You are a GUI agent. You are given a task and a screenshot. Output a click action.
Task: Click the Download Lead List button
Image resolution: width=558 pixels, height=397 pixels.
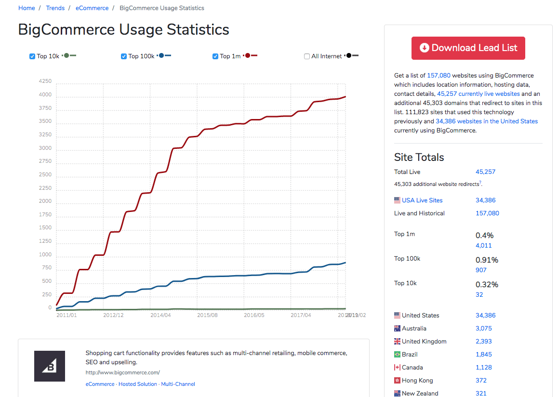[468, 48]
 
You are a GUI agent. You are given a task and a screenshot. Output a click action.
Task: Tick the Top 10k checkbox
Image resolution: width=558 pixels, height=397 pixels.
[32, 56]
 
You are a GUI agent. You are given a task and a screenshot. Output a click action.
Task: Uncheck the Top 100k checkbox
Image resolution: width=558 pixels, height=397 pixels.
[124, 56]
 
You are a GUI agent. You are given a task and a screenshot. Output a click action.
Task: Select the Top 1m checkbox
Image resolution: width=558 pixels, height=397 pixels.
[215, 56]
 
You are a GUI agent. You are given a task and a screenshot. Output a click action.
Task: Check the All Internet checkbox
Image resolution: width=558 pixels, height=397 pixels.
[307, 56]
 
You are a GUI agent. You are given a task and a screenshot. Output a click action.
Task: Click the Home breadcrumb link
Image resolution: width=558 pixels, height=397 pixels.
[27, 8]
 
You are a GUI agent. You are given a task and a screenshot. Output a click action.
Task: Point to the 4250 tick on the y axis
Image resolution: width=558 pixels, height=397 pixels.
[45, 81]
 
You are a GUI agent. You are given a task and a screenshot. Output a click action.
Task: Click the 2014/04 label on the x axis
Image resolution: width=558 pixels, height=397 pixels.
[160, 315]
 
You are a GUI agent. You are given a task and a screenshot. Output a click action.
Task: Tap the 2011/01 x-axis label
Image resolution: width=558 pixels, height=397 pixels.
[66, 315]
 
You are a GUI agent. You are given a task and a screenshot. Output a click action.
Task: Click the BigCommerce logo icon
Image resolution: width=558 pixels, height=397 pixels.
[49, 366]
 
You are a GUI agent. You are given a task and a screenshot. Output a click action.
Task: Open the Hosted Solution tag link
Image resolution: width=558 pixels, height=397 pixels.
[137, 384]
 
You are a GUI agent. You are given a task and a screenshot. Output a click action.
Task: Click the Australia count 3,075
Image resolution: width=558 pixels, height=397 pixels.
[483, 329]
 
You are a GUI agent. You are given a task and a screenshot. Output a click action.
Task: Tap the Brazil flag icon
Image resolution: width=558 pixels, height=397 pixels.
[397, 355]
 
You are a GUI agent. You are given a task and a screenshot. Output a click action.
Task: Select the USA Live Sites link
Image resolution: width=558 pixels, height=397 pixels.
[422, 200]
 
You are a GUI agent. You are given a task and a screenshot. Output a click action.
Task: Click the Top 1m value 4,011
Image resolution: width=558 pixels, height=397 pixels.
[483, 246]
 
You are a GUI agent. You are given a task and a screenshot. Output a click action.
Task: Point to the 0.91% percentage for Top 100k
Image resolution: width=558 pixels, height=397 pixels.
[487, 260]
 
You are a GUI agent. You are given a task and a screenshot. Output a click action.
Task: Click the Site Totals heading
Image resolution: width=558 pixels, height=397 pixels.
[419, 158]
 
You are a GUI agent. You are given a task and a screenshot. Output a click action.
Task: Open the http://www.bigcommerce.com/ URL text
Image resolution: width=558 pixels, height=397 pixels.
[122, 372]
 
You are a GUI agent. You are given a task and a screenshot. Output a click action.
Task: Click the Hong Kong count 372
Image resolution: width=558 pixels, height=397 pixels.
[481, 381]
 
